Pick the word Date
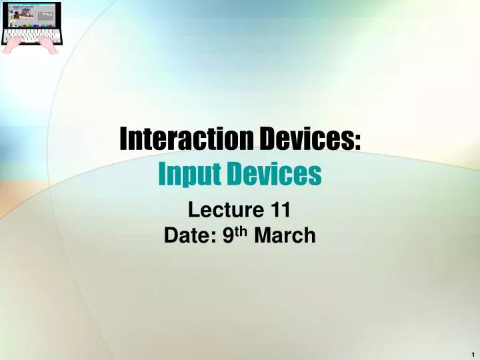pos(185,235)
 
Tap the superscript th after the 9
pos(238,231)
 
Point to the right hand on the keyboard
pos(47,43)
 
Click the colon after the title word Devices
pos(358,142)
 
